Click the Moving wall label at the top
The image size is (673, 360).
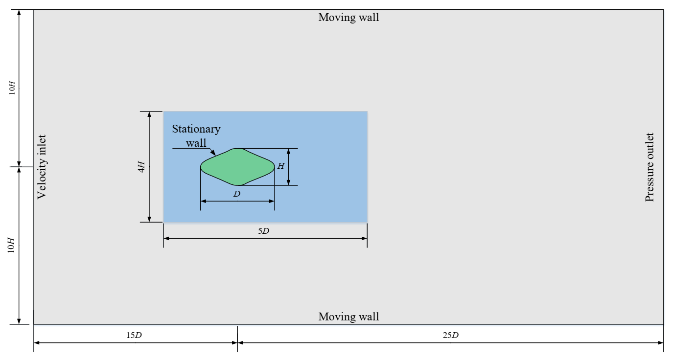(348, 18)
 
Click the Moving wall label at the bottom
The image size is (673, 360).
(348, 316)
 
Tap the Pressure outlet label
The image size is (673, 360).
(650, 167)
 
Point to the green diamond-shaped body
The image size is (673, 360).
(237, 167)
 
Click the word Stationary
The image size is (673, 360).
(196, 129)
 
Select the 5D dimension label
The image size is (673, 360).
(264, 231)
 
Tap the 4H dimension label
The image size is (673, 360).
(141, 167)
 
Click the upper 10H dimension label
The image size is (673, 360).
(13, 87)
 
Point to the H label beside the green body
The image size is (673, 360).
(280, 166)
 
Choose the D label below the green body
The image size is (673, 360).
(237, 194)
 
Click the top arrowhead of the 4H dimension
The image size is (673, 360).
(149, 114)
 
